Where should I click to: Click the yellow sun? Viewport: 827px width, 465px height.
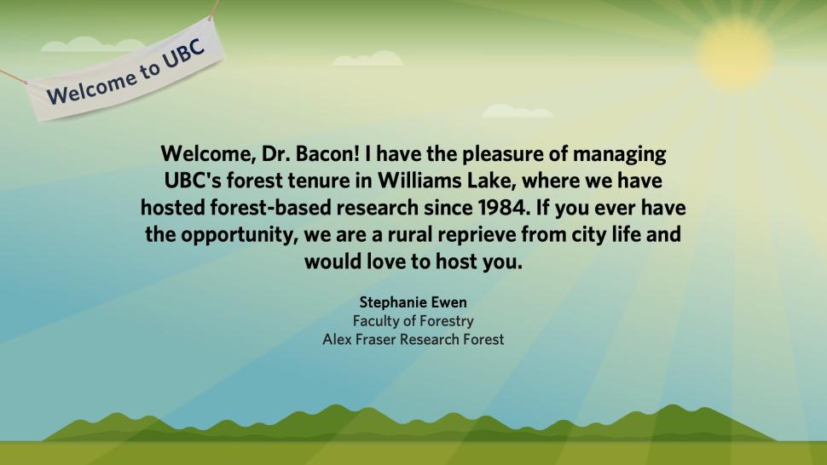(734, 53)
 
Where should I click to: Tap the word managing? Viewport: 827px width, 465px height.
(619, 155)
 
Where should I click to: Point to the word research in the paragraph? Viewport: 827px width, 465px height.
(378, 208)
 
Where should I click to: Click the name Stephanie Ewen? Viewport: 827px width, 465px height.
(413, 302)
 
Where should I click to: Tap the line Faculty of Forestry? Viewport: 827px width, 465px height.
(413, 321)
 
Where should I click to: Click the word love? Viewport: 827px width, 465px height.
(386, 261)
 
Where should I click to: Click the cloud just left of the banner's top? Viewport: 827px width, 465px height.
(93, 44)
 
